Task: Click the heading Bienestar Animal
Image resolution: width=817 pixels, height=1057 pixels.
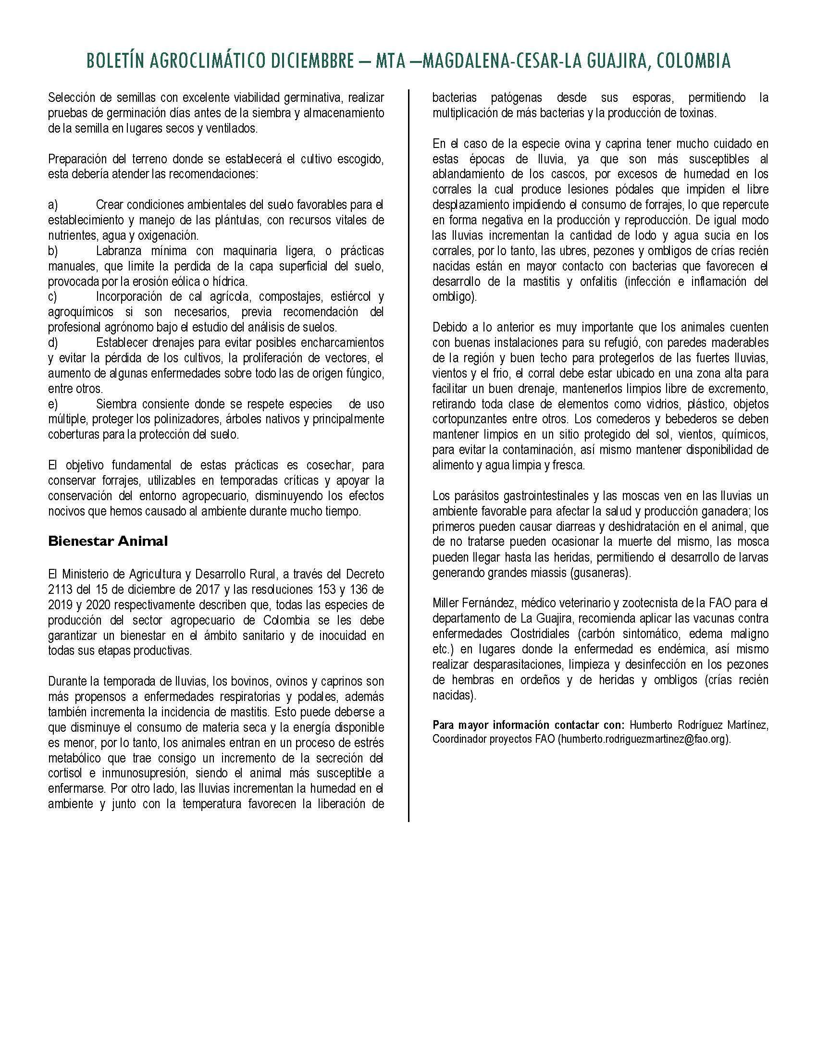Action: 108,541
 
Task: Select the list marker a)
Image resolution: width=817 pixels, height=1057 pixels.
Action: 53,205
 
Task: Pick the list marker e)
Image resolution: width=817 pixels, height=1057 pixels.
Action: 53,404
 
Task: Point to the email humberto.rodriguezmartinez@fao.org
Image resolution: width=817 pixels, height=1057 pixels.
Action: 644,740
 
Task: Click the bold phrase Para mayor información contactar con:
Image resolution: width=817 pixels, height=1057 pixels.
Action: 529,725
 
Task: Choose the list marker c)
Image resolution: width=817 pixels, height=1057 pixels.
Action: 53,296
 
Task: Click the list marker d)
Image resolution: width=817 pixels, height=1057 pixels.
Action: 53,343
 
